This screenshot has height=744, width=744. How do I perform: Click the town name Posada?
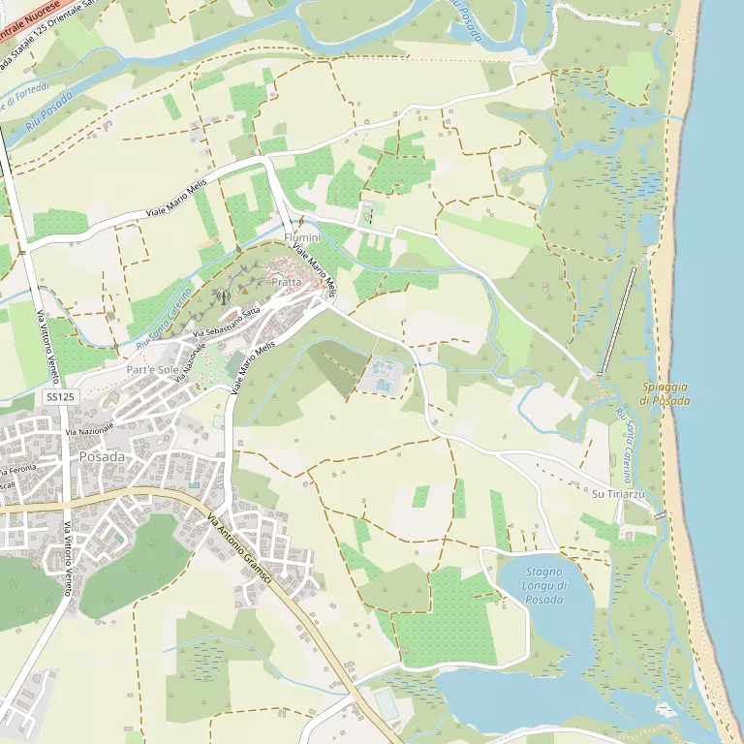tap(102, 456)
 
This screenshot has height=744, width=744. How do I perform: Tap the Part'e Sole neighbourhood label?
tap(153, 370)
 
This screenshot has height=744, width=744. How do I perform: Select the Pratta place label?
tap(287, 282)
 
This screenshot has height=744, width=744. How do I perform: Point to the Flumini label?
tap(302, 237)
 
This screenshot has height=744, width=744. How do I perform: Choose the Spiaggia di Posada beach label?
tap(666, 393)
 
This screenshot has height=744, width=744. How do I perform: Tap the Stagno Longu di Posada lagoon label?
tap(544, 586)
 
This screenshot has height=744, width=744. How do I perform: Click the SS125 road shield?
tap(59, 397)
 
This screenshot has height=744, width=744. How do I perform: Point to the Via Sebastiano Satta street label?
tap(227, 323)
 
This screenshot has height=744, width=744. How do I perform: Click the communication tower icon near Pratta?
tap(223, 296)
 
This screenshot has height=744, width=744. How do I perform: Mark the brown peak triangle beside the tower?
tap(244, 288)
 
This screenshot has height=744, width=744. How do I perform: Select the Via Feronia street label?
tap(17, 468)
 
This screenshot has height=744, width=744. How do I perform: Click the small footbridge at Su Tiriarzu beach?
tap(661, 515)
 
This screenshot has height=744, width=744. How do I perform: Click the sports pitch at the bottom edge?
tap(387, 705)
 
